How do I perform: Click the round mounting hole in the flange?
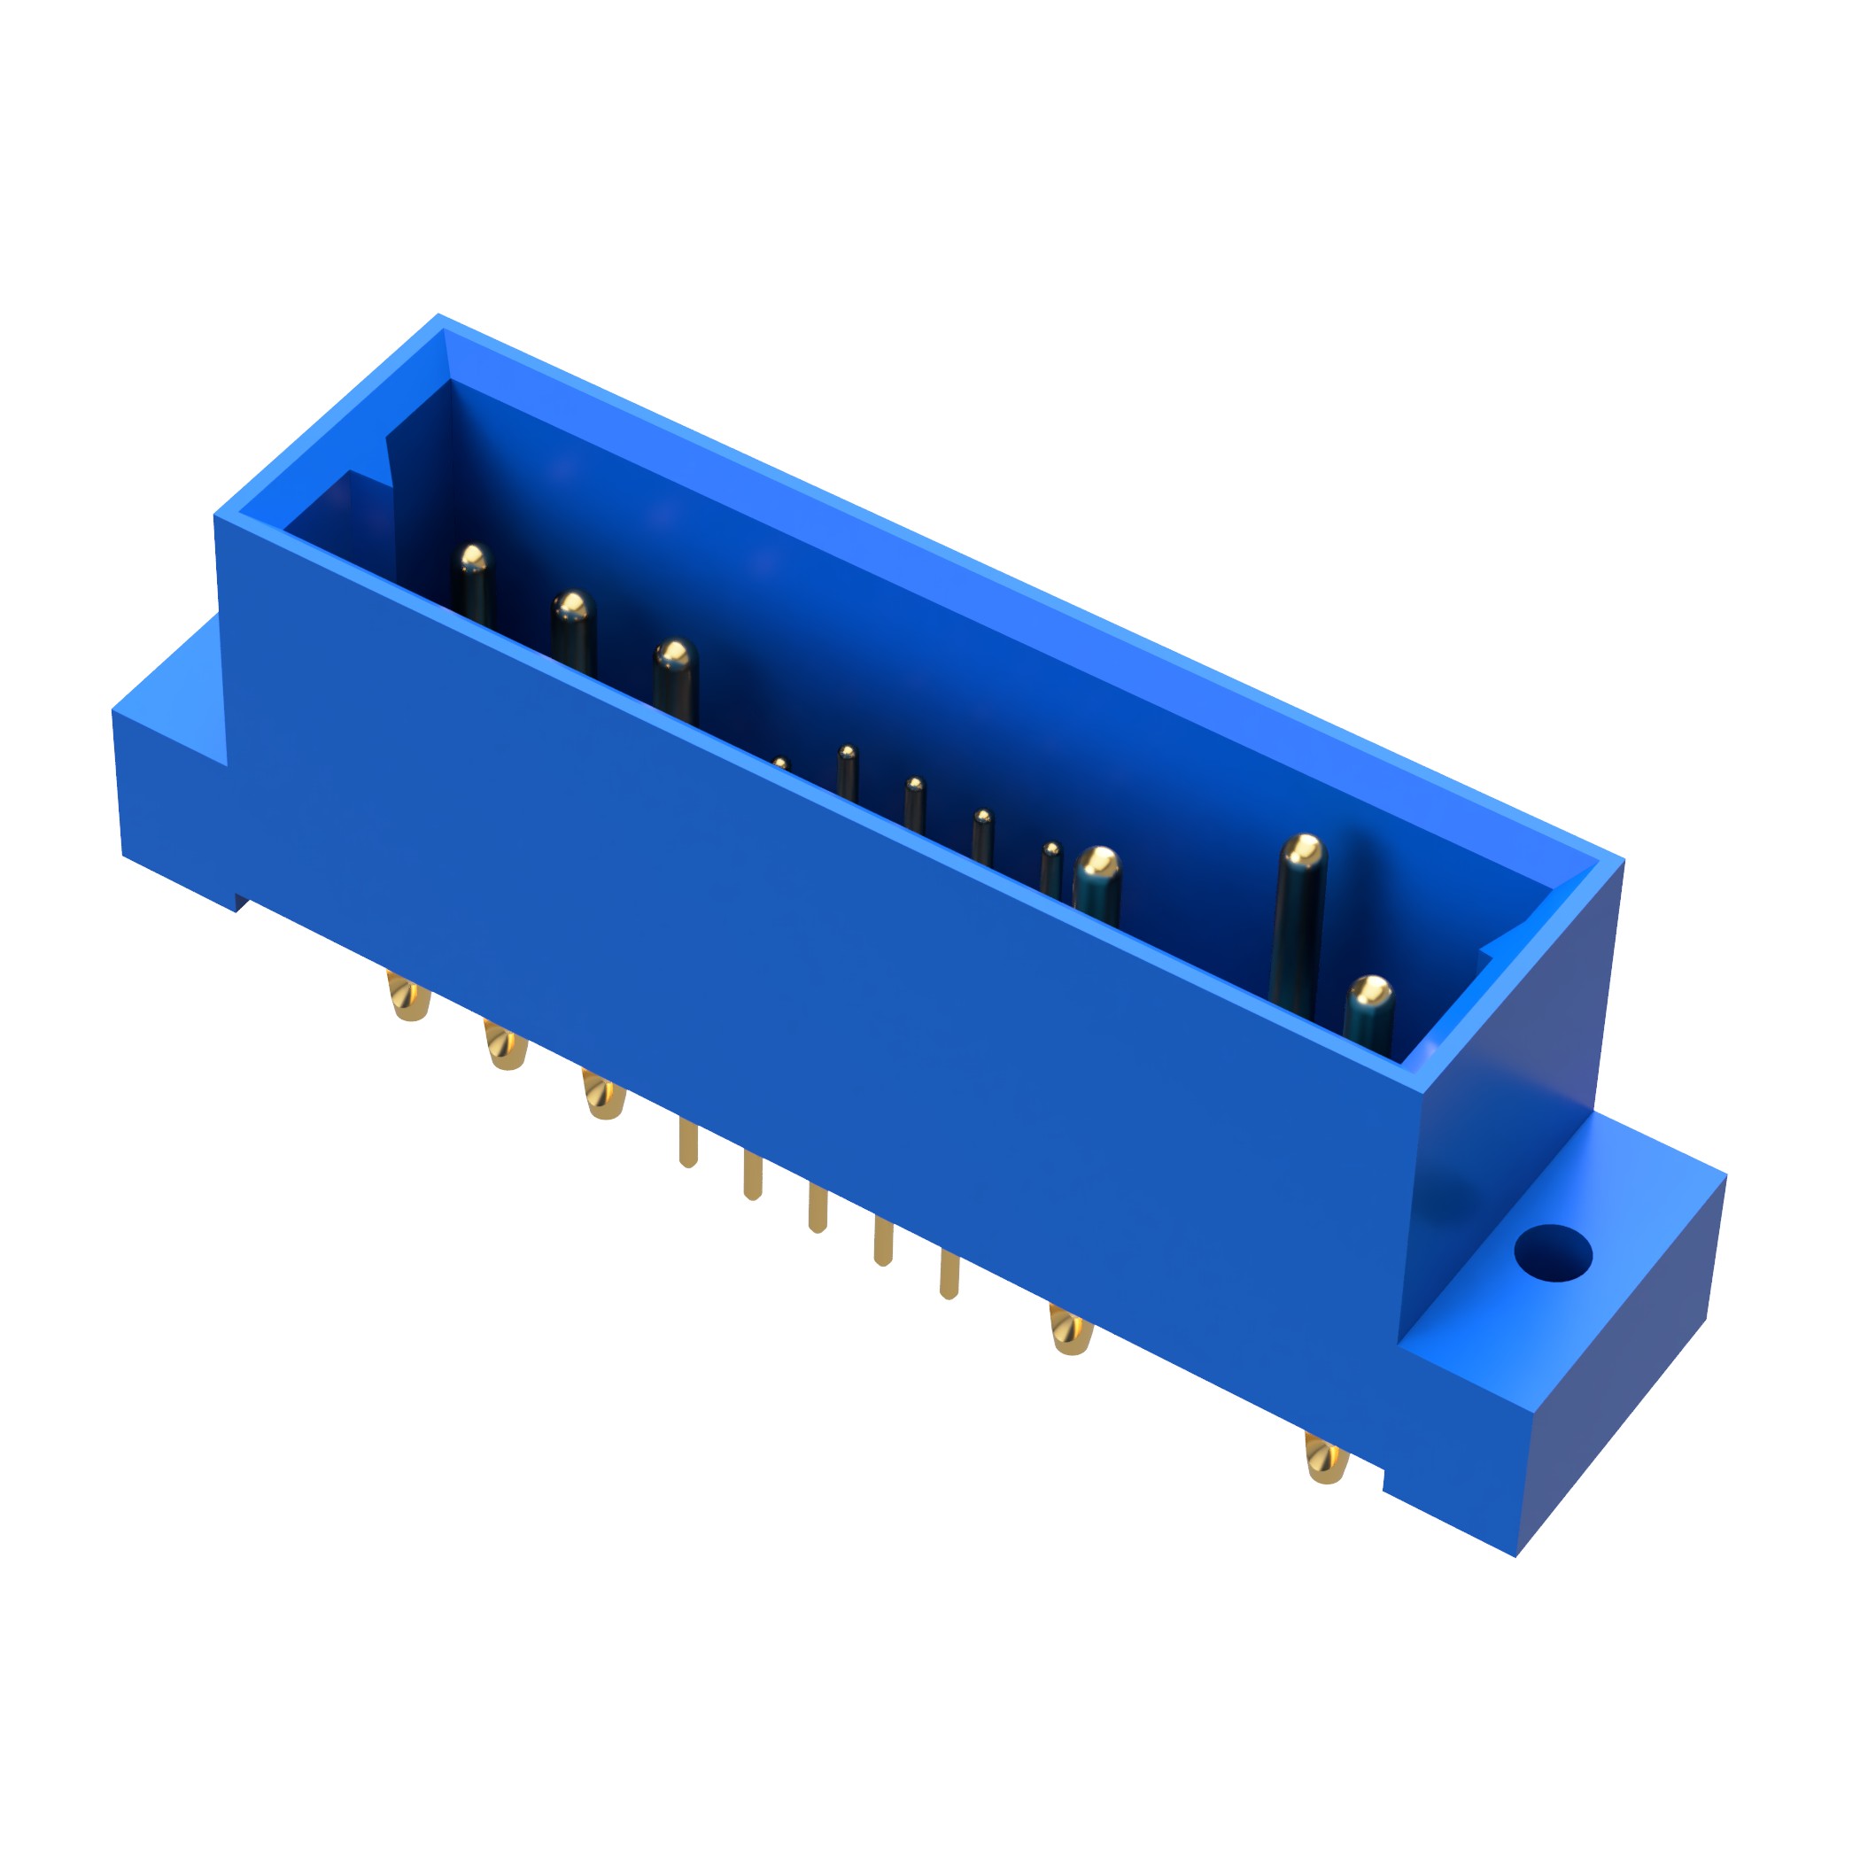[1552, 1254]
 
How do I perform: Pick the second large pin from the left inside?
[573, 631]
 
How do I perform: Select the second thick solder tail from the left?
[506, 1048]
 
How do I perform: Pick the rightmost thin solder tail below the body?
[949, 1275]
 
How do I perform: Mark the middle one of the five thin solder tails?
[818, 1208]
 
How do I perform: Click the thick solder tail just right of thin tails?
[1070, 1331]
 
